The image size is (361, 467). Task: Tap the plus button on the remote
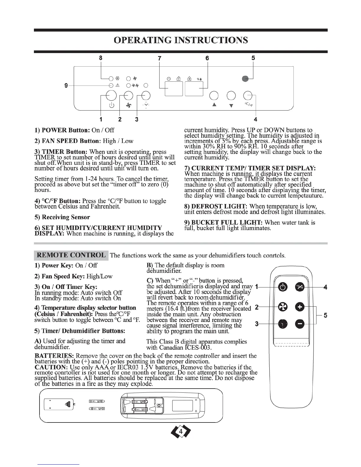point(300,307)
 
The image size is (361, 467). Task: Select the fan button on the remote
point(282,308)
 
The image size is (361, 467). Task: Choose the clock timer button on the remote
point(282,324)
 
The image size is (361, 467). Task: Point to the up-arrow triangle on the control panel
point(214,105)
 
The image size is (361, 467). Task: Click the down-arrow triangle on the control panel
point(231,106)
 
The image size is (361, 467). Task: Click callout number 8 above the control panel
point(101,58)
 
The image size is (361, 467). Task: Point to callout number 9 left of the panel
point(66,85)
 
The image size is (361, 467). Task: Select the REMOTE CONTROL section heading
point(71,255)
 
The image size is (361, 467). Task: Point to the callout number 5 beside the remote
point(325,315)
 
